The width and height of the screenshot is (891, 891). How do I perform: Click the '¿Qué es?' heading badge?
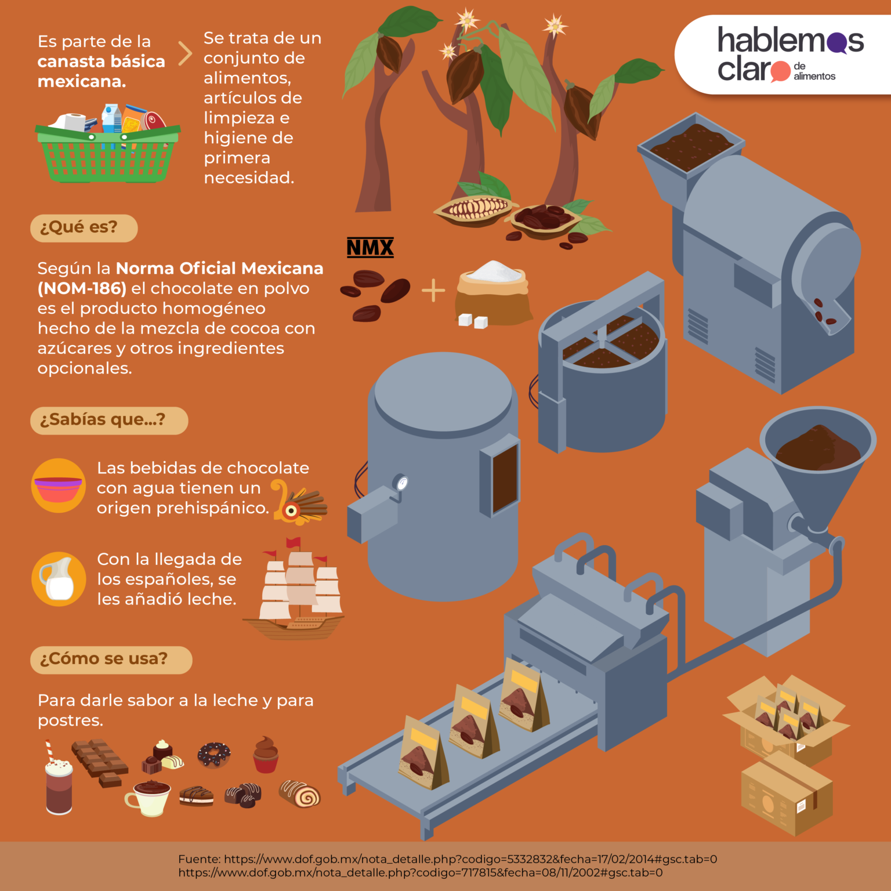[x=84, y=228]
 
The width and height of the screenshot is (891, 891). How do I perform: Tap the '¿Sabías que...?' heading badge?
[x=109, y=421]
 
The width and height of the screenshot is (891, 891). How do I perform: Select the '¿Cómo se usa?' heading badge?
[x=111, y=660]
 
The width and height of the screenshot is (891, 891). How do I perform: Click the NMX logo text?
[x=370, y=248]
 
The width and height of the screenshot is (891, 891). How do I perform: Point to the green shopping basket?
[x=107, y=154]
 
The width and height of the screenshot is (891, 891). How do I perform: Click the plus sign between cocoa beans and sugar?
[x=433, y=291]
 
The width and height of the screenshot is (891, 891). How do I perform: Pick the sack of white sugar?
[x=493, y=293]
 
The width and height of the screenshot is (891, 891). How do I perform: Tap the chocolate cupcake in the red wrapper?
[x=266, y=755]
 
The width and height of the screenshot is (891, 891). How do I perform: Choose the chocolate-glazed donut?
[x=214, y=755]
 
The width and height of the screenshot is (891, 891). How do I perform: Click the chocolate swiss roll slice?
[x=300, y=794]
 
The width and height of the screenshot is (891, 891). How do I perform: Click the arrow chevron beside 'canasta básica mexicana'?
[x=185, y=53]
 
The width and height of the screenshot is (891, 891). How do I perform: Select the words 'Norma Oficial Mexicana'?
[x=220, y=269]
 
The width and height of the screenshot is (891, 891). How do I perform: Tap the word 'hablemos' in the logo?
[x=791, y=41]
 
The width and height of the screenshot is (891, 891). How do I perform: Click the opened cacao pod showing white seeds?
[x=475, y=209]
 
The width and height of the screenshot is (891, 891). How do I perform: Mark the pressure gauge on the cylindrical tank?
[x=400, y=482]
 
